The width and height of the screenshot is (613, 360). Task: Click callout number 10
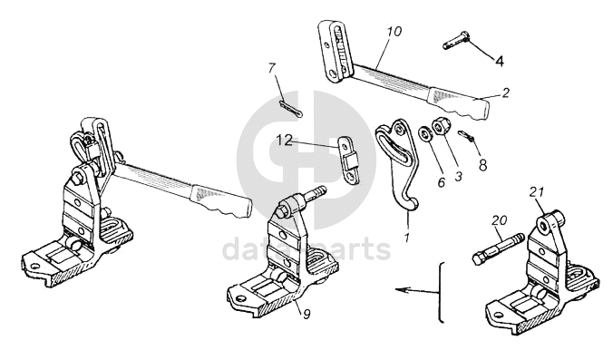click(394, 31)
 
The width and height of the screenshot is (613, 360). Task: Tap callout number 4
click(500, 61)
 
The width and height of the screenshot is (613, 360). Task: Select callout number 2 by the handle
click(505, 92)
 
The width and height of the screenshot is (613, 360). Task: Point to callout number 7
click(272, 68)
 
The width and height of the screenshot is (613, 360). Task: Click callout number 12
click(285, 140)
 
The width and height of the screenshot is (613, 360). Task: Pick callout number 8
click(482, 165)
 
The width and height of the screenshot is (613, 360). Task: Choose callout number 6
click(442, 181)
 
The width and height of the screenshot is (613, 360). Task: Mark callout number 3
click(458, 176)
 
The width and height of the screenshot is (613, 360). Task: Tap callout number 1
click(406, 238)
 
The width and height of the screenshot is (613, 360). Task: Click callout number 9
click(306, 314)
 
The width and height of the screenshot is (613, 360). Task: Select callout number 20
click(500, 220)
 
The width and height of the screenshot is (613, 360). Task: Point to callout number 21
click(537, 192)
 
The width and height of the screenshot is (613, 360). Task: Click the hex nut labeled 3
click(439, 127)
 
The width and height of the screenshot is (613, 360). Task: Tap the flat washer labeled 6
click(424, 133)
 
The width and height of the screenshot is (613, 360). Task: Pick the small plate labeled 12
click(350, 160)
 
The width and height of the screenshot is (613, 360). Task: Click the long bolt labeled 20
click(497, 248)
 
